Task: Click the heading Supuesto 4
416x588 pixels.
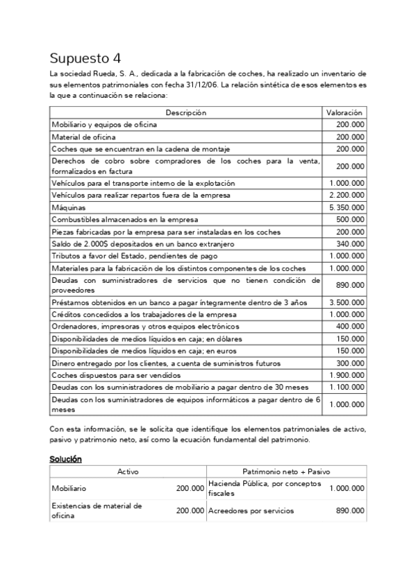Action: [90, 58]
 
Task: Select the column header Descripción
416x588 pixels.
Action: [185, 112]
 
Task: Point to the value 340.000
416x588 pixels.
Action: [352, 243]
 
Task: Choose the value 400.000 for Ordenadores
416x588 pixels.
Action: [352, 327]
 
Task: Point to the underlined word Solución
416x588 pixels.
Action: [65, 459]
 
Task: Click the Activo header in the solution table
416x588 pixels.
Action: [128, 472]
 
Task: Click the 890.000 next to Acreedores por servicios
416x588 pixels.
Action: [349, 510]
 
